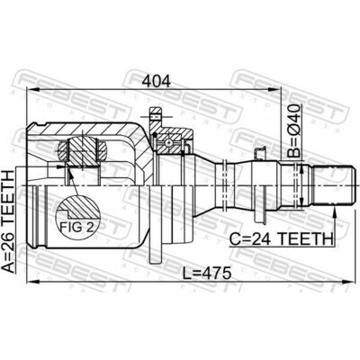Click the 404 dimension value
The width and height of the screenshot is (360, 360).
[157, 81]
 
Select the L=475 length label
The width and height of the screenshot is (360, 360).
[207, 274]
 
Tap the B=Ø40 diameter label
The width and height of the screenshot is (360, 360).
[294, 131]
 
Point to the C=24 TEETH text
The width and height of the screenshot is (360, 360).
[281, 239]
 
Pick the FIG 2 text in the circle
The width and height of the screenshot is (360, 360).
[76, 228]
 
